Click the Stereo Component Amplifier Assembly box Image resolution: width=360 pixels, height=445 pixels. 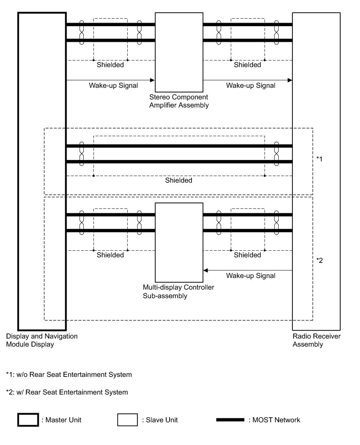tap(179, 50)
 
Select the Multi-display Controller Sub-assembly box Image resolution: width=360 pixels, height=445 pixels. tap(179, 242)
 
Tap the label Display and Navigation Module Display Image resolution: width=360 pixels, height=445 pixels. tap(41, 341)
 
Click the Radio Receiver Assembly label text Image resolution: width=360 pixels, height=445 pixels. tap(308, 341)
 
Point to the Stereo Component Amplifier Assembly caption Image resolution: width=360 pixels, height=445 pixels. tap(179, 101)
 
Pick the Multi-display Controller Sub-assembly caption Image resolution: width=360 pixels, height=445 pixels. tap(179, 292)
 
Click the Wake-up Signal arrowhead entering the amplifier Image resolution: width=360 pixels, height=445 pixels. tap(152, 80)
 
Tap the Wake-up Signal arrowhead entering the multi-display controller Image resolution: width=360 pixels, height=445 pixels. tap(206, 270)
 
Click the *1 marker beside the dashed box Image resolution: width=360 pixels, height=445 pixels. tap(319, 159)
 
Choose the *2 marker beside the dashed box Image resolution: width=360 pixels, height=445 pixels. tap(319, 260)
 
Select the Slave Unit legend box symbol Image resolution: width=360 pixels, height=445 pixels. tap(127, 420)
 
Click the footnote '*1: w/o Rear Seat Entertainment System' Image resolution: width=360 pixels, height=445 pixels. tap(69, 375)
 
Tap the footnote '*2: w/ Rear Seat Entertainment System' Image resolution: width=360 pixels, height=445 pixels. tap(67, 392)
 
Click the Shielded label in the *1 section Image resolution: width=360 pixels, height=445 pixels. tap(179, 180)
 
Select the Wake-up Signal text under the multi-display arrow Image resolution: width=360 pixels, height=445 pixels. tap(251, 276)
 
